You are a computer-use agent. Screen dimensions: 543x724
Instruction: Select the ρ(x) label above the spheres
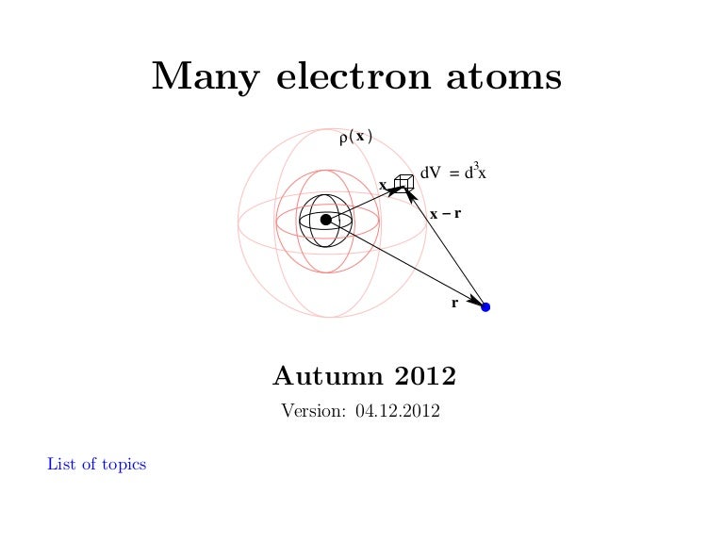[x=354, y=138]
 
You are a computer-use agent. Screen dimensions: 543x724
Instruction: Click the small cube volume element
[x=404, y=180]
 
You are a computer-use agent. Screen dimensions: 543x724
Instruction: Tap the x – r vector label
[x=445, y=214]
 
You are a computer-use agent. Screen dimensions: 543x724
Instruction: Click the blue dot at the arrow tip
[x=485, y=306]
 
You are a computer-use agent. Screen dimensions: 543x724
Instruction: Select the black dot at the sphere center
[x=326, y=220]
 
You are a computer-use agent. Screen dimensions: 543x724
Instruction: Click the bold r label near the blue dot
[x=454, y=304]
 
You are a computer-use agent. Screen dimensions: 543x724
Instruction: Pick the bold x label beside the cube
[x=383, y=186]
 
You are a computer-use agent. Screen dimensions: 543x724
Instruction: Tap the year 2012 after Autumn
[x=425, y=377]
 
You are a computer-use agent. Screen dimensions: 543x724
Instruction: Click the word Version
[x=313, y=412]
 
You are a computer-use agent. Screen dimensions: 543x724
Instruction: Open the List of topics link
[x=96, y=464]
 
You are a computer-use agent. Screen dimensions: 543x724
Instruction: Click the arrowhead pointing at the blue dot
[x=475, y=301]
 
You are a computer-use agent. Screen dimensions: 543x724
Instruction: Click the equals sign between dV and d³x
[x=454, y=173]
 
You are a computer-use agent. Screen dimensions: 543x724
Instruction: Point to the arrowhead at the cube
[x=397, y=189]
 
